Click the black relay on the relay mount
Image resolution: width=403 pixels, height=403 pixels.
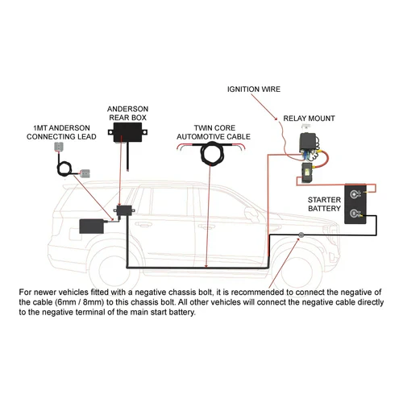pyautogui.click(x=310, y=144)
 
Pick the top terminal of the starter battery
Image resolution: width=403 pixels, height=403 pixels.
pyautogui.click(x=355, y=194)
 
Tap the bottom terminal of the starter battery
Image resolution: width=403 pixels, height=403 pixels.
pyautogui.click(x=355, y=214)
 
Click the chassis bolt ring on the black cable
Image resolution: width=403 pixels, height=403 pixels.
pyautogui.click(x=300, y=236)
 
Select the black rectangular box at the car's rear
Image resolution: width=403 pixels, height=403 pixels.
pyautogui.click(x=95, y=225)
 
